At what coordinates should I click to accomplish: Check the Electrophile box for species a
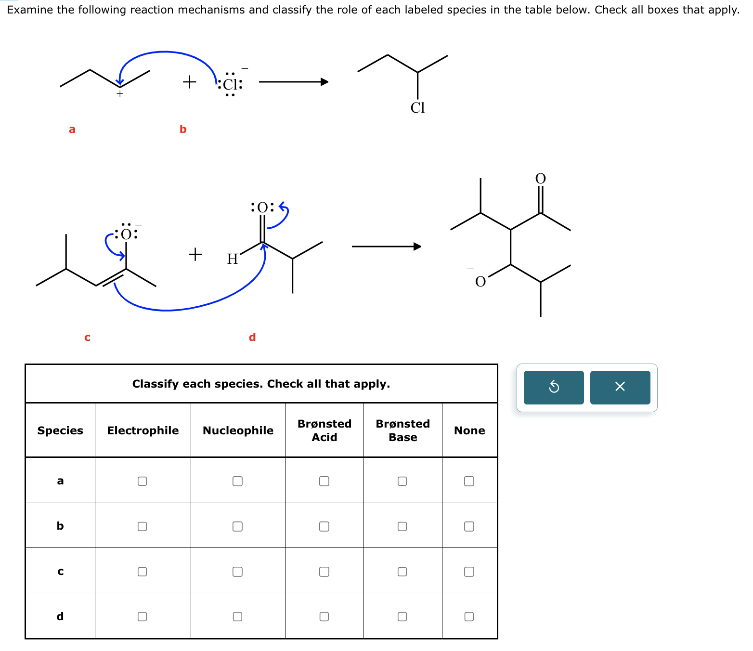point(142,481)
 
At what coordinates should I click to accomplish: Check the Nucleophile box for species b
point(237,526)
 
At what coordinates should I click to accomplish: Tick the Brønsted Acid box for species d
point(324,616)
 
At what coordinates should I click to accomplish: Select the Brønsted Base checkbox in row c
point(402,572)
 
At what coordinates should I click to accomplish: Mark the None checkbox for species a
point(469,481)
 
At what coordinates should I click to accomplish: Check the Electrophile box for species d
point(142,616)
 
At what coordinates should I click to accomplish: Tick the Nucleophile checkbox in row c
point(237,572)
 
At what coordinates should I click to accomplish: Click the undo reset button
point(554,387)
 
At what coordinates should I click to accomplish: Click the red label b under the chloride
point(183,129)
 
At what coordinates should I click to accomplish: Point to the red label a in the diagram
point(72,129)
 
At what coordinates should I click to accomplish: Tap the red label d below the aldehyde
point(252,337)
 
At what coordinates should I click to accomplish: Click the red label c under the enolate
point(87,337)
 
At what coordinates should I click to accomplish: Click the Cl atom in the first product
point(417,108)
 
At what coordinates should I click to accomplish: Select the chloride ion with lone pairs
point(231,84)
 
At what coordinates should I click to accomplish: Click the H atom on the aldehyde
point(233,259)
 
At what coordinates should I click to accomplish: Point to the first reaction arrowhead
point(325,82)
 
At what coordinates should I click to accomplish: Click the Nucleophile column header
point(238,430)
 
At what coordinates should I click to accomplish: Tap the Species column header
point(60,430)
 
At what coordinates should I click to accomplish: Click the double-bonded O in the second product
point(541,179)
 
